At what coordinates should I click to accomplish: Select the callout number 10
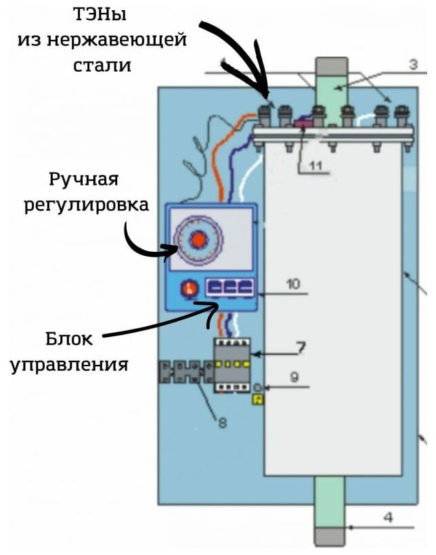[292, 284]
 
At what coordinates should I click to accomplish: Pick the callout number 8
[221, 424]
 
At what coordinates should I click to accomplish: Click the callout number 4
[387, 518]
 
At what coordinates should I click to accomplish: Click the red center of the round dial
[198, 240]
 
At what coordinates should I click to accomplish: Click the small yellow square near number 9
[257, 401]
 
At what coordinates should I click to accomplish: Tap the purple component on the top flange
[301, 123]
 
